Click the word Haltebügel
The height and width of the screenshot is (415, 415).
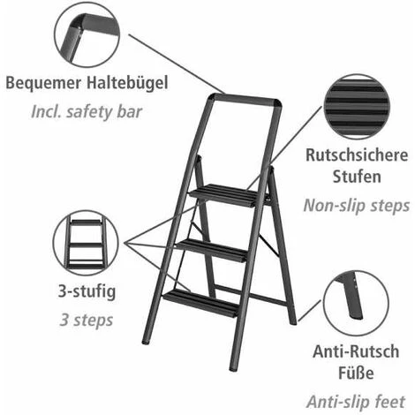coord(127,83)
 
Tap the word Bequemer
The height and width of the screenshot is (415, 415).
coord(43,84)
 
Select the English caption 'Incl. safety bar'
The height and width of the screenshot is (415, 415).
coord(87,112)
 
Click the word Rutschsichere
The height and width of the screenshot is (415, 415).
coord(357,155)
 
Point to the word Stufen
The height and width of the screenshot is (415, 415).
coord(357,177)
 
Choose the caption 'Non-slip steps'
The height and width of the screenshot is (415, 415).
coord(357,206)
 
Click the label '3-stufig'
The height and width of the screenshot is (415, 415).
coord(87,291)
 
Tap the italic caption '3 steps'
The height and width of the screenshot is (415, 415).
coord(87,320)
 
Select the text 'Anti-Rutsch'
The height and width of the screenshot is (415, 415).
coord(356,351)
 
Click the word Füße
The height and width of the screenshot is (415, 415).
coord(356,373)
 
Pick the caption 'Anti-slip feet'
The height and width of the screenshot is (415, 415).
coord(356,402)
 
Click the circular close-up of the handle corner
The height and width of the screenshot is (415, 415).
coord(87,34)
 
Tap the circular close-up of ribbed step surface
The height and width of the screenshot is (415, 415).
coord(357,107)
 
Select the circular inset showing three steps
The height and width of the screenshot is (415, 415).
coord(86,243)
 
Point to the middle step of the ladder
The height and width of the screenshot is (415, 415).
coord(211,250)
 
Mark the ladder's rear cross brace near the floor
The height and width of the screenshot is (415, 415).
coord(251,296)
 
